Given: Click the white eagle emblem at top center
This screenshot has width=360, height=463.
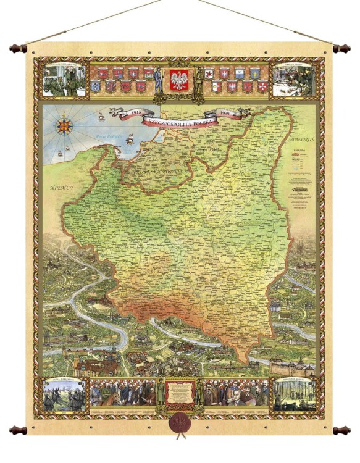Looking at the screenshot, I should pos(179,80).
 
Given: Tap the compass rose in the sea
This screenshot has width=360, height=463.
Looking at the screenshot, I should pos(64,125).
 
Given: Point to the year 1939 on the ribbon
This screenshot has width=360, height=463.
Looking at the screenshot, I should pos(226,114).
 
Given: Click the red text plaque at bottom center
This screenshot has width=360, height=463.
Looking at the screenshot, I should pos(179,391).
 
